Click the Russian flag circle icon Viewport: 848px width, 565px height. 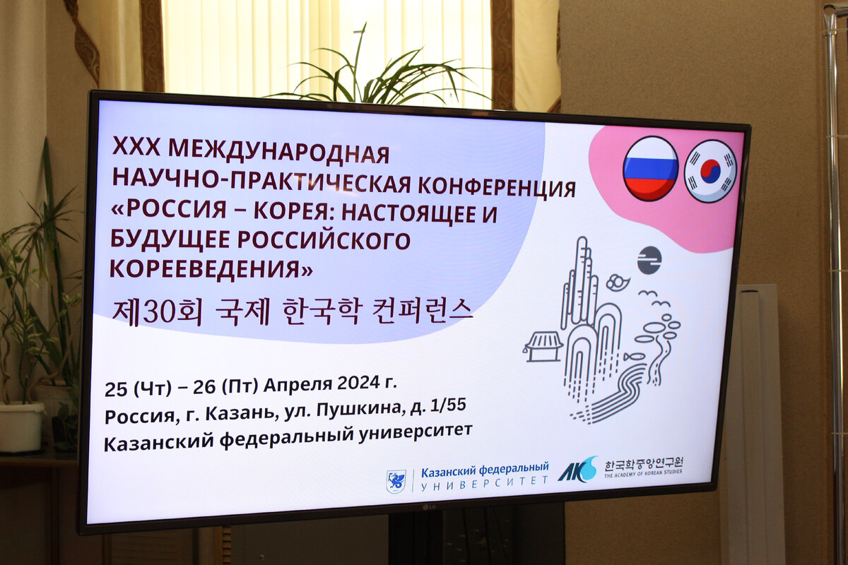pyautogui.click(x=650, y=169)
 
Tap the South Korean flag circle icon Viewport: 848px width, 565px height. pyautogui.click(x=710, y=171)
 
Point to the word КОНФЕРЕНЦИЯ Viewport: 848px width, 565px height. pyautogui.click(x=494, y=187)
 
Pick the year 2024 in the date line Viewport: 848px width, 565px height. pyautogui.click(x=356, y=384)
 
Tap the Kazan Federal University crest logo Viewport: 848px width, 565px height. pyautogui.click(x=396, y=481)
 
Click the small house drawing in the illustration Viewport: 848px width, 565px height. pyautogui.click(x=543, y=346)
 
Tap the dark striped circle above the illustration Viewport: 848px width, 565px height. pyautogui.click(x=649, y=260)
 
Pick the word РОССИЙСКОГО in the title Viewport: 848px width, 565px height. pyautogui.click(x=324, y=239)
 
